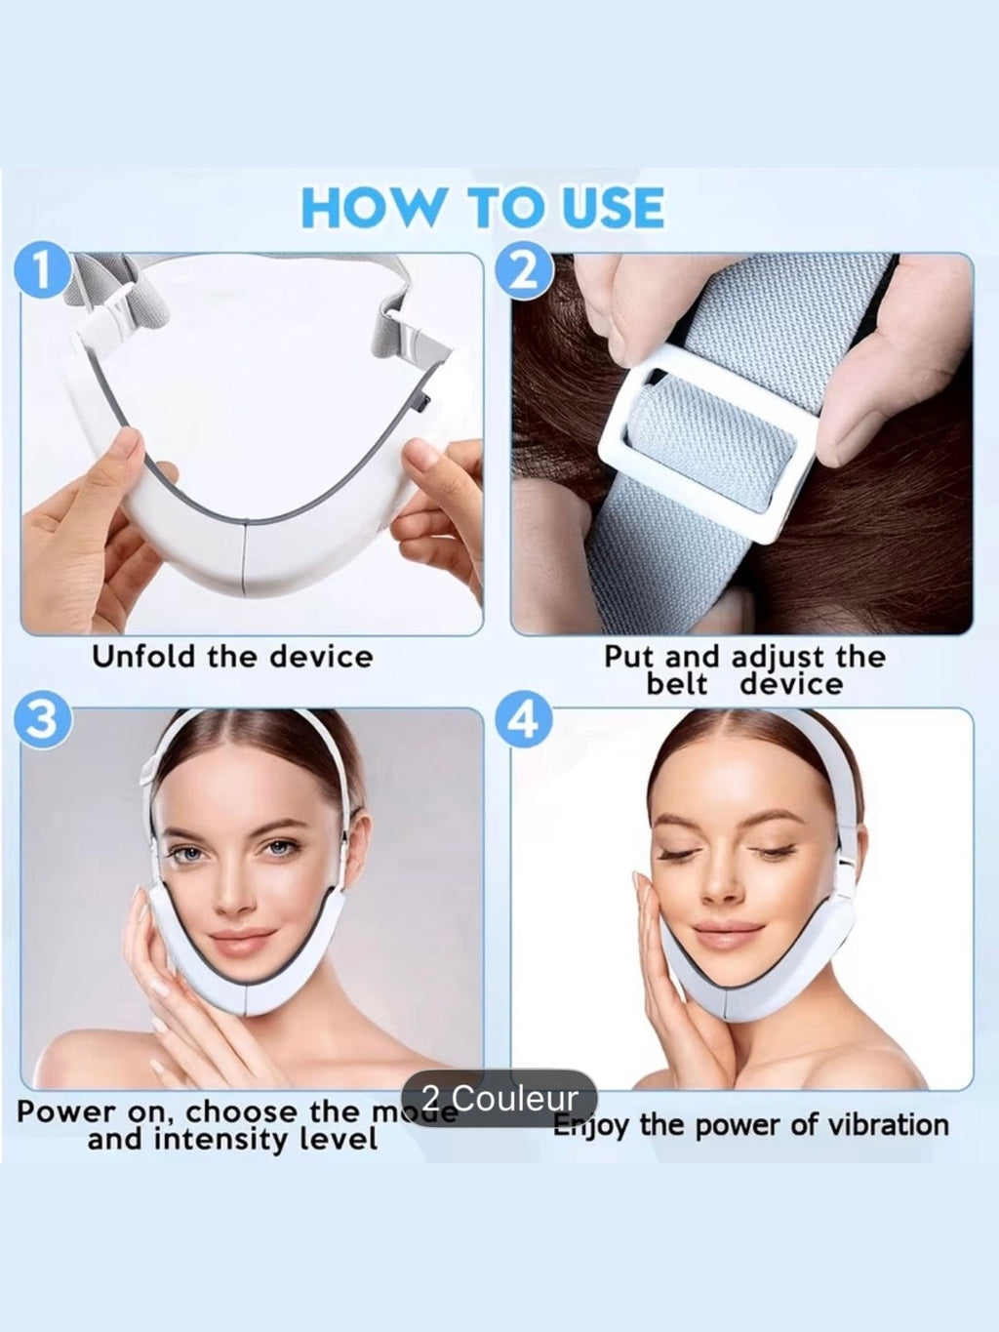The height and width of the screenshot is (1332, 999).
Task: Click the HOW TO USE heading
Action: [483, 207]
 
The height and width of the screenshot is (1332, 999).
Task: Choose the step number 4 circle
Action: [524, 721]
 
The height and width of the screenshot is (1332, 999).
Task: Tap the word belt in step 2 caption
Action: [676, 683]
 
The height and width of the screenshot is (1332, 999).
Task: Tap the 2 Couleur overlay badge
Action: [499, 1098]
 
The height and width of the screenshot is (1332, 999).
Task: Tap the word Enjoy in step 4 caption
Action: [589, 1125]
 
